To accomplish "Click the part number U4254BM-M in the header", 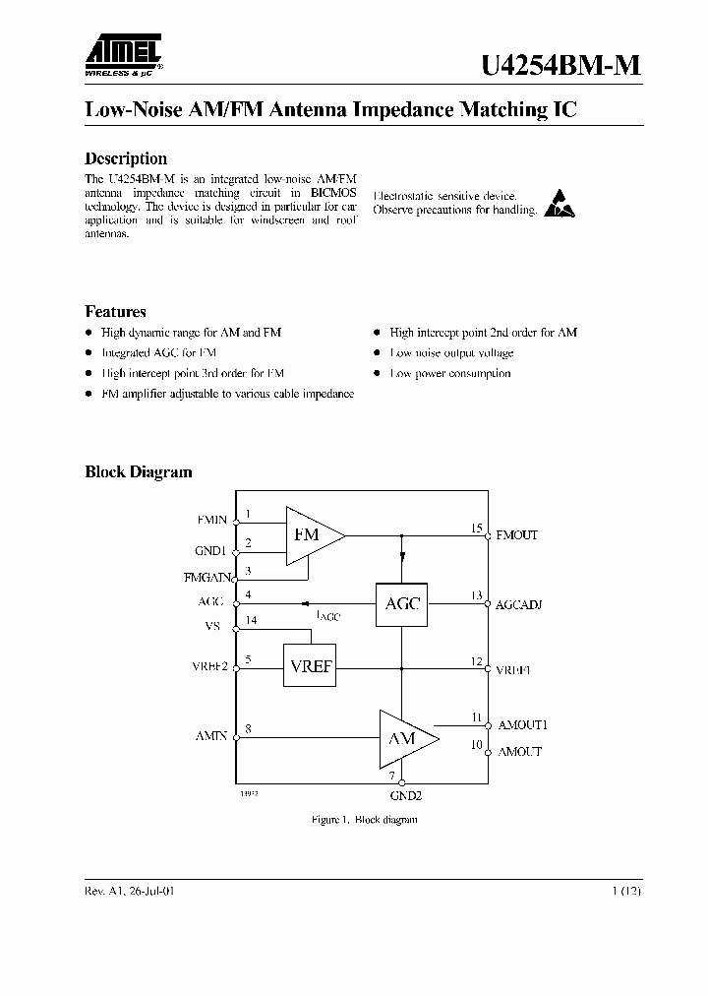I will click(x=560, y=64).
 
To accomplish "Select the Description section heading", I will click(x=126, y=158).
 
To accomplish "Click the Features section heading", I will click(x=115, y=312).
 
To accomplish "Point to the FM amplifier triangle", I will click(x=311, y=534).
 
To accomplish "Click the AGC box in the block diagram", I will click(x=401, y=603).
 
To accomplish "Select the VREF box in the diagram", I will click(x=310, y=666).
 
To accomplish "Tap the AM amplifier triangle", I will click(x=404, y=738).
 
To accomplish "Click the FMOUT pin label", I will click(x=517, y=535).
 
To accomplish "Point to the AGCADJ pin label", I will click(x=519, y=603).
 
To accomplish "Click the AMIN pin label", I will click(x=210, y=735).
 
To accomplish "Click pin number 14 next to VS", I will click(x=253, y=620).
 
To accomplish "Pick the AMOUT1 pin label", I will click(x=522, y=724).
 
